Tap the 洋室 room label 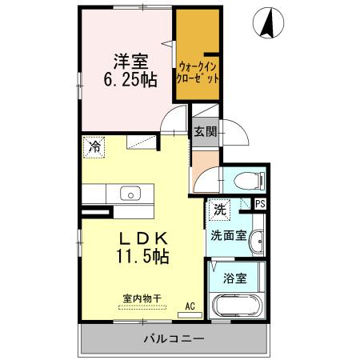128,60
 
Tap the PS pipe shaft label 260,205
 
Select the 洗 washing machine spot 219,210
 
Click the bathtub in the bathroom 234,307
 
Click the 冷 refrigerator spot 95,147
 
